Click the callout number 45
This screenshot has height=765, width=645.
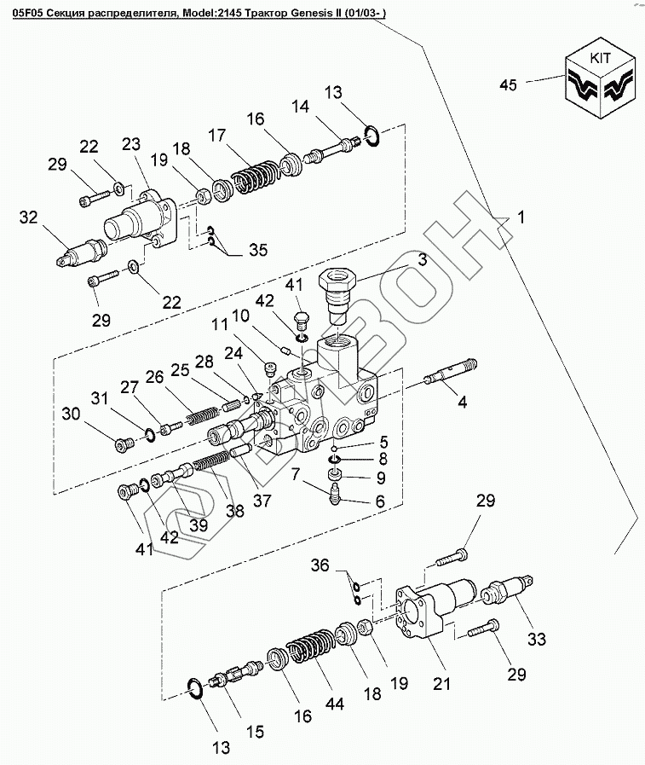[509, 84]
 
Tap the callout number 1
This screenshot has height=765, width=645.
[521, 217]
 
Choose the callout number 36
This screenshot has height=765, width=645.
[319, 564]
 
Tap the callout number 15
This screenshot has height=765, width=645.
[254, 731]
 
